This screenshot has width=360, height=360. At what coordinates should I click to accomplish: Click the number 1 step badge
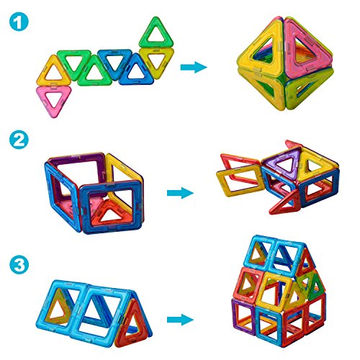point(19,21)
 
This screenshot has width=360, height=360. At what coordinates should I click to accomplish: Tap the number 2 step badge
point(19,140)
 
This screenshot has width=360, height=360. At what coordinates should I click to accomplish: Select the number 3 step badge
point(19,265)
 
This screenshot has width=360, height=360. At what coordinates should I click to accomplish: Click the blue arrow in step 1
point(194,67)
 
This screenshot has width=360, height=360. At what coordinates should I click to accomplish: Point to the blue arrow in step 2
point(180,193)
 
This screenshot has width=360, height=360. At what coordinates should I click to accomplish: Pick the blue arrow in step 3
point(180,320)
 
